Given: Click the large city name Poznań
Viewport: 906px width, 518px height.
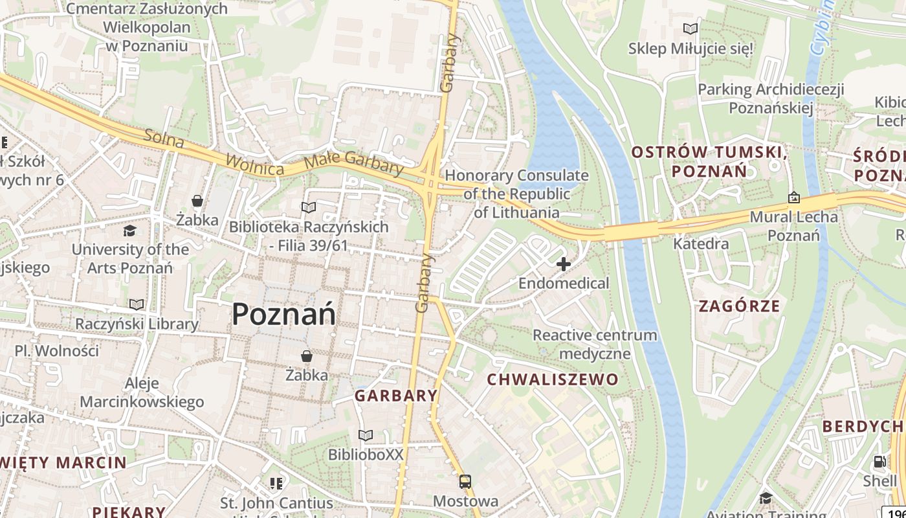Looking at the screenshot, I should (283, 315).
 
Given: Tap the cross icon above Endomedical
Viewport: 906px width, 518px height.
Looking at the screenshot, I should (564, 264).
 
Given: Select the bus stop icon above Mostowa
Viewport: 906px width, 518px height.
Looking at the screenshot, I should (465, 482).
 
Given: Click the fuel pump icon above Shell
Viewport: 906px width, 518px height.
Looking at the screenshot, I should (879, 462).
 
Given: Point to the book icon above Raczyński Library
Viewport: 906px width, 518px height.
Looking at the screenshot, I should (137, 304).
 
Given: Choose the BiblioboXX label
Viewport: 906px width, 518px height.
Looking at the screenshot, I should (366, 455).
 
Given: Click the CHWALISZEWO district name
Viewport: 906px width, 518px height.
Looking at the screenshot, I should (553, 379).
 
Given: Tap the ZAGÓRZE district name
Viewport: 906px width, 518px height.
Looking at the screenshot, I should (739, 306).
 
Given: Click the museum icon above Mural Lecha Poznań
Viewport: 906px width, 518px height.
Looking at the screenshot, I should (793, 197).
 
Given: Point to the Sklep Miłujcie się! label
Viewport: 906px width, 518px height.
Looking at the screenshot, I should (691, 49).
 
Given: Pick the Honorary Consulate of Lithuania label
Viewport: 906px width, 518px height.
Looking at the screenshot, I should (516, 194).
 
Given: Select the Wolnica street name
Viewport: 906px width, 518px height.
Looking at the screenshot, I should (254, 164).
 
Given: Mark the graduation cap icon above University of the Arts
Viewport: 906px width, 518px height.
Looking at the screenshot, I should (129, 231).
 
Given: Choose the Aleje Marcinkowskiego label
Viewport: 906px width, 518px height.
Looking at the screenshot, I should (142, 392).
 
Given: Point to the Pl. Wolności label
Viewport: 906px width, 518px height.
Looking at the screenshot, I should (57, 351).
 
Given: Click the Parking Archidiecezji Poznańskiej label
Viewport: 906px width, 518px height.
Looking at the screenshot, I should (771, 98).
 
